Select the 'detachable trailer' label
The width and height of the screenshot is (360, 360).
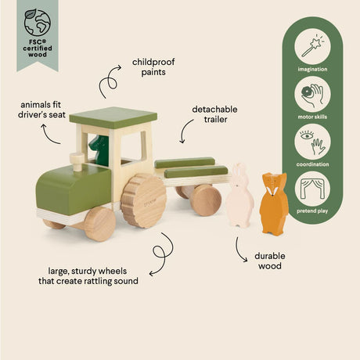pos(214,114)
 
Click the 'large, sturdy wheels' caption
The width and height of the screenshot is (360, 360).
pos(91,275)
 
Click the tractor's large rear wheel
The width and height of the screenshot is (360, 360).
pos(144,201)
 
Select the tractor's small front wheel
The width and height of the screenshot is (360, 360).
pos(99,223)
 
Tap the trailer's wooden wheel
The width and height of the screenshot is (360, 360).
pos(206,200)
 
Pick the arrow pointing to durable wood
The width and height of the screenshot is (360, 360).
pos(241,247)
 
